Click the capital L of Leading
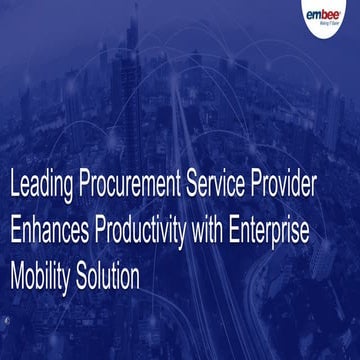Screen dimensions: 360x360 tap(13, 185)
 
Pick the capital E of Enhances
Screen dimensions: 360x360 tap(14, 228)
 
